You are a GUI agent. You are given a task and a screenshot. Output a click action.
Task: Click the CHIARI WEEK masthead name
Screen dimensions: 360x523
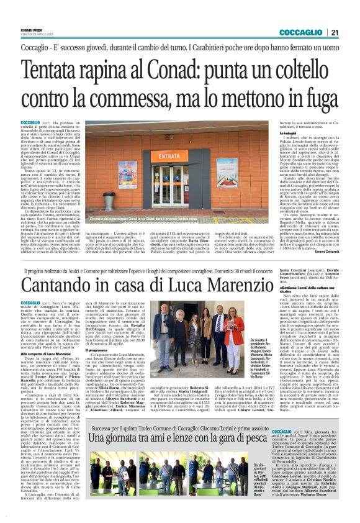coord(31,30)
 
